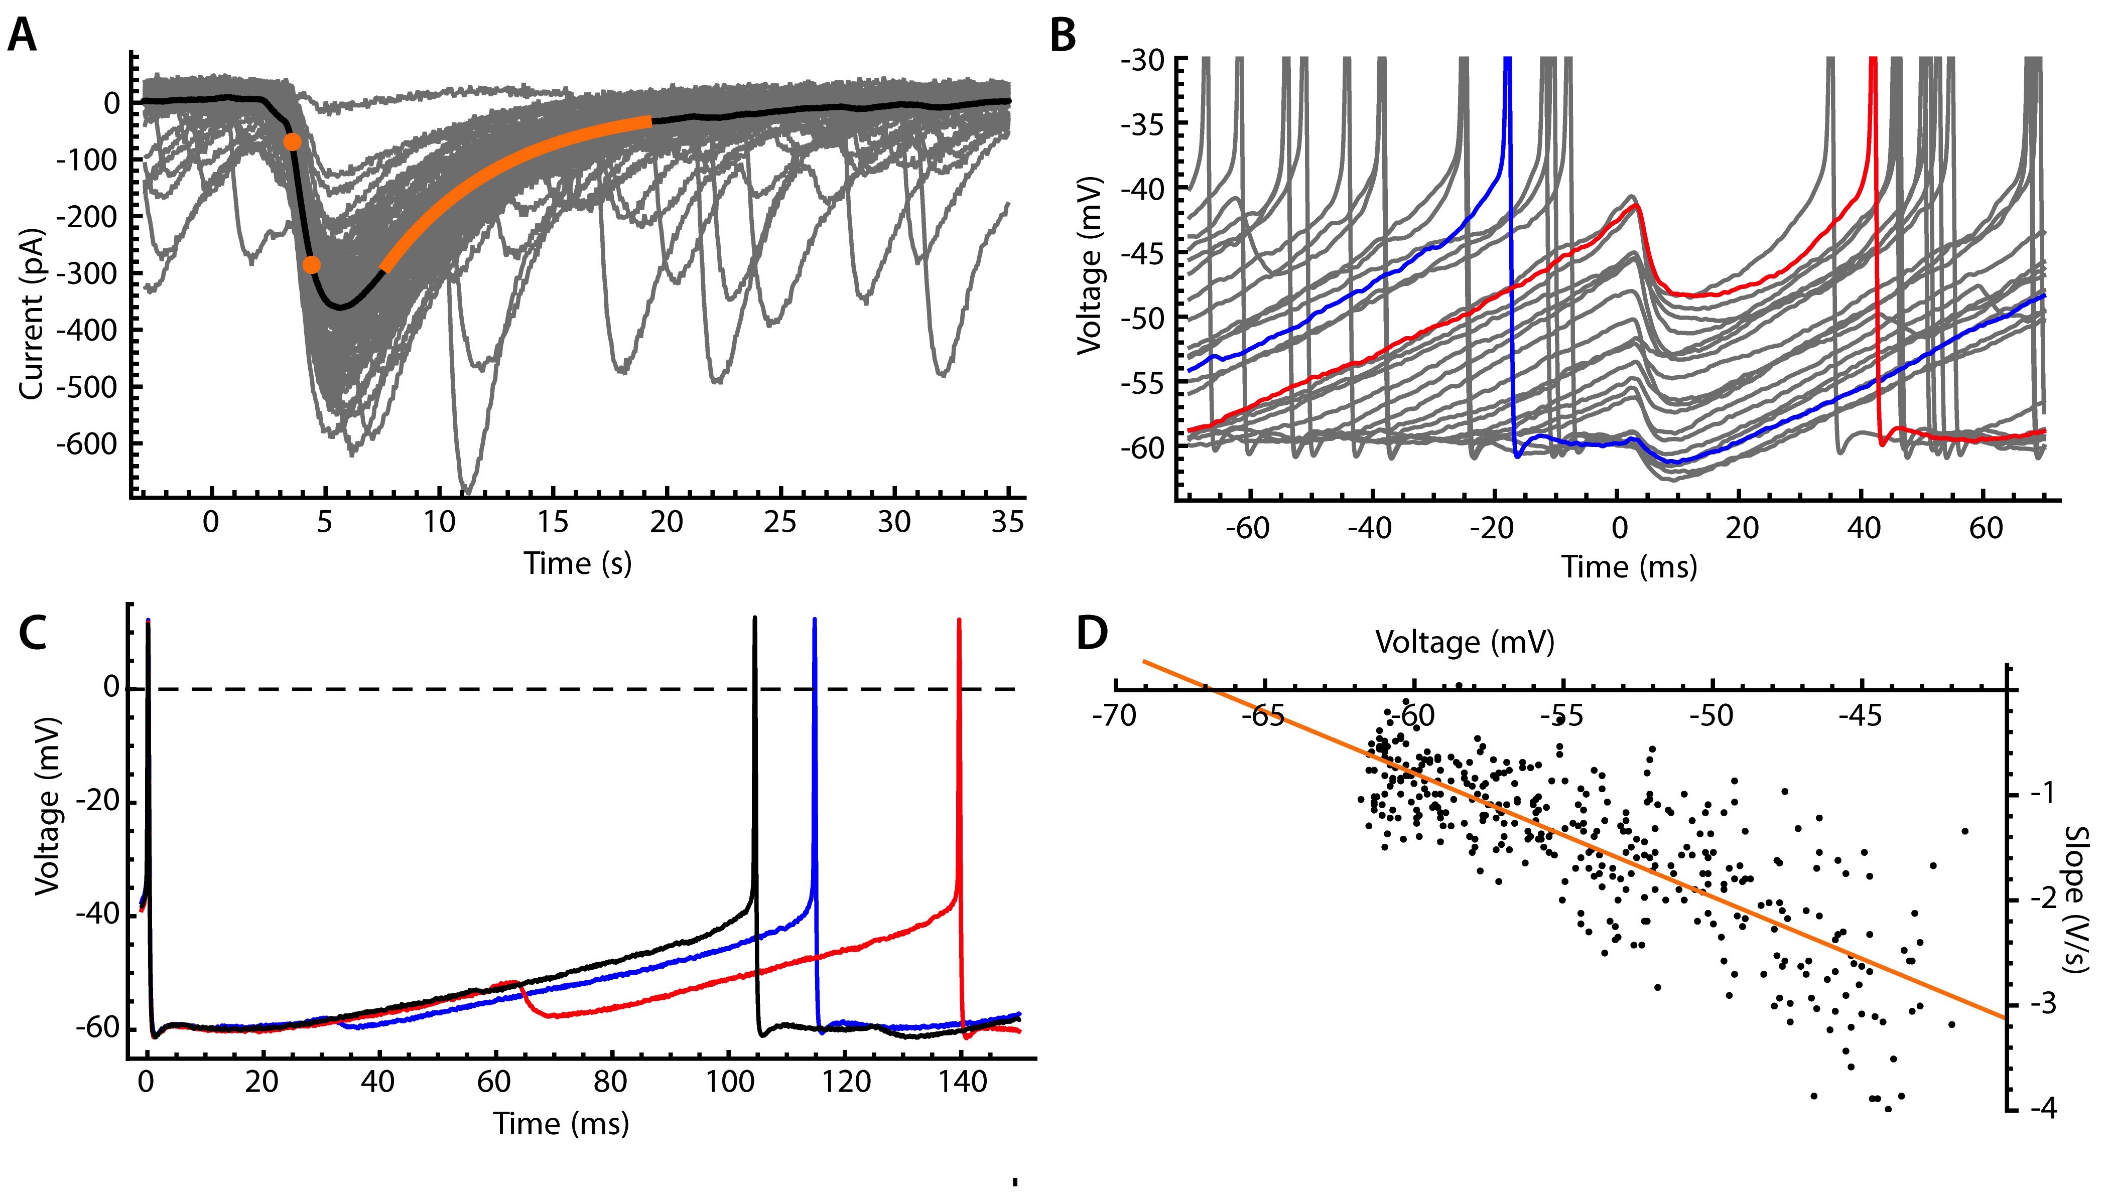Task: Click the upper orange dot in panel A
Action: click(x=292, y=142)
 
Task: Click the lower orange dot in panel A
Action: click(x=311, y=265)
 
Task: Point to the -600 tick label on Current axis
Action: click(x=87, y=444)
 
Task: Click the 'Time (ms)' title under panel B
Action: click(x=1628, y=567)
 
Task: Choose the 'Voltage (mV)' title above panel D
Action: click(x=1464, y=642)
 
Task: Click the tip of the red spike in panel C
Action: click(x=959, y=619)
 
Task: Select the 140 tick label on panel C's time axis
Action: click(x=962, y=1082)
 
